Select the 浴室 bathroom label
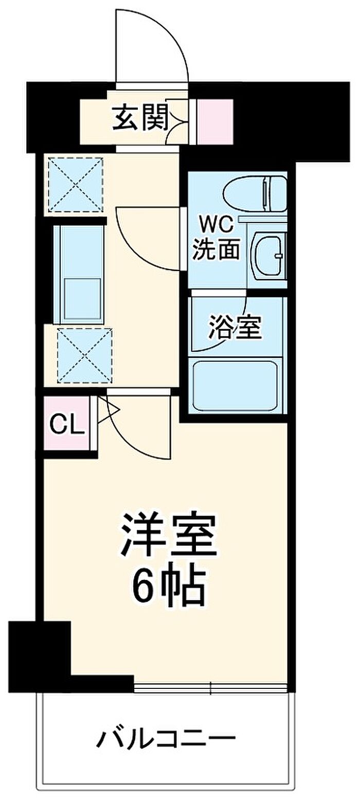click(235, 327)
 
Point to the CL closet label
click(67, 425)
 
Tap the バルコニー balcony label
click(166, 740)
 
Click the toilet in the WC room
click(255, 193)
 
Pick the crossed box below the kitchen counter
click(84, 355)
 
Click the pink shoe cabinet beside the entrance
click(215, 121)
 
